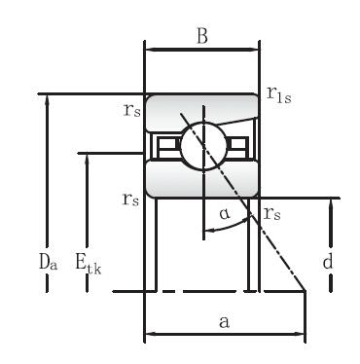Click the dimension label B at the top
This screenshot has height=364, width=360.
(x=201, y=37)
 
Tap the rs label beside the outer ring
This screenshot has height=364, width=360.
(x=131, y=111)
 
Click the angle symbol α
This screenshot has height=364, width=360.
(x=224, y=211)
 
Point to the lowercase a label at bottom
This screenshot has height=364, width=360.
(x=225, y=322)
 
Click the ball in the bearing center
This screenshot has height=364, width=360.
(x=201, y=145)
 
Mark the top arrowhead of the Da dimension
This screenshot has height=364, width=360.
(x=45, y=100)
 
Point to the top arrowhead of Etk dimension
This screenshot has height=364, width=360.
(x=88, y=159)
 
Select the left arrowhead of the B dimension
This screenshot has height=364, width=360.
(x=149, y=45)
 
